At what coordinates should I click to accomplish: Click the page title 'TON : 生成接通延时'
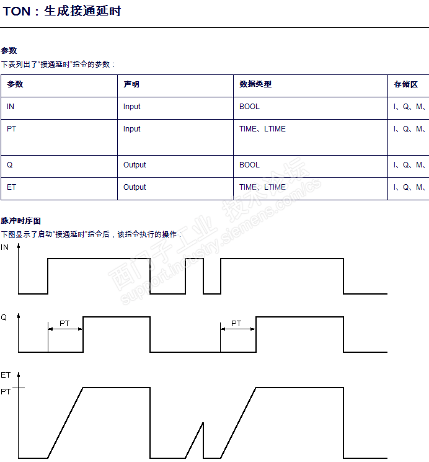[62, 11]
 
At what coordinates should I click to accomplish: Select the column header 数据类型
[255, 84]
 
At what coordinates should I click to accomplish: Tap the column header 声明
[131, 84]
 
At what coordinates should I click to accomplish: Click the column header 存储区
[406, 84]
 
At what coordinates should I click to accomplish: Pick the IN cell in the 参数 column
[11, 107]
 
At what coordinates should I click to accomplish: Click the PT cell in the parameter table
[12, 129]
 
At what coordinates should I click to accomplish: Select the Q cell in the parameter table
[10, 165]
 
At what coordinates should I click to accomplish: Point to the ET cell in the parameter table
[12, 187]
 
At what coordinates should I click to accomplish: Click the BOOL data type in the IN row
[249, 107]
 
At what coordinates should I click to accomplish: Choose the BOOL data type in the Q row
[249, 165]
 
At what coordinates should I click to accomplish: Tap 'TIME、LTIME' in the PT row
[262, 129]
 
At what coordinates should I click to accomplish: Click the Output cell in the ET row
[135, 187]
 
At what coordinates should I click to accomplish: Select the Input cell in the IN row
[132, 107]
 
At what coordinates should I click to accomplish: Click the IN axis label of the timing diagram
[5, 247]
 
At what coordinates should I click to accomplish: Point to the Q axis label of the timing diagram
[4, 318]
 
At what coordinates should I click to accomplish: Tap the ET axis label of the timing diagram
[6, 375]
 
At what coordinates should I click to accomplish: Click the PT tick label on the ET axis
[6, 392]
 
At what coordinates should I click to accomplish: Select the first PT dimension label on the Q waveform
[64, 324]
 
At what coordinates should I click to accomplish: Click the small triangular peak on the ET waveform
[203, 424]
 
